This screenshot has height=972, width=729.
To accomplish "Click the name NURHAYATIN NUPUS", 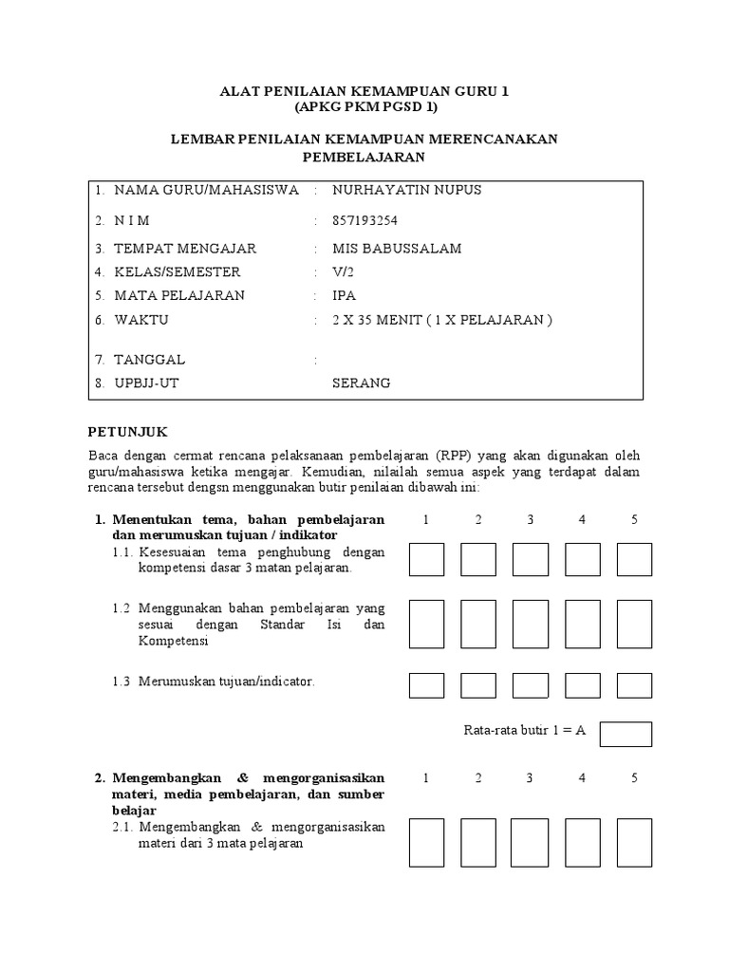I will [x=406, y=190].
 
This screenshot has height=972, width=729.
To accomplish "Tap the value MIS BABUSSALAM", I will [x=397, y=249].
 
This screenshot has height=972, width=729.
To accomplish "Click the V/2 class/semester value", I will [x=343, y=272].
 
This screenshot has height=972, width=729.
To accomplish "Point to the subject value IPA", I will [x=344, y=296].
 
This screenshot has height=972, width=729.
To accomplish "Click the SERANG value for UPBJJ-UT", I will [x=361, y=383].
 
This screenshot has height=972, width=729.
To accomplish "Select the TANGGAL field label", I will [x=149, y=361].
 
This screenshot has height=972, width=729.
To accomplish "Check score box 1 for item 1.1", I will [x=427, y=559].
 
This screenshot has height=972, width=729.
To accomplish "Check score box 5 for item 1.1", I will [x=634, y=559].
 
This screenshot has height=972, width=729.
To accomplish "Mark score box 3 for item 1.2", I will [x=531, y=624].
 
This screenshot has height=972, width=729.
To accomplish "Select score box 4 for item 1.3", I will [x=582, y=683].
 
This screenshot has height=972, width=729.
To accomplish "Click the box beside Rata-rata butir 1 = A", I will [x=626, y=734].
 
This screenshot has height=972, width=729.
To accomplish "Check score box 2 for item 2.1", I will [x=478, y=843].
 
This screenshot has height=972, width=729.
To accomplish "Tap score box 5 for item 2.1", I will [x=634, y=843].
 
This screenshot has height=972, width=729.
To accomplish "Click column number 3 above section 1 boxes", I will [x=531, y=519].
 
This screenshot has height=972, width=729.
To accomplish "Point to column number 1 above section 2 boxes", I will [x=427, y=778].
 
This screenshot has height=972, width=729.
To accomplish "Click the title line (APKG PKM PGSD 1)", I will [x=364, y=107].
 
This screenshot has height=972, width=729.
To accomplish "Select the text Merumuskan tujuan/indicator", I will [x=226, y=682].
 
